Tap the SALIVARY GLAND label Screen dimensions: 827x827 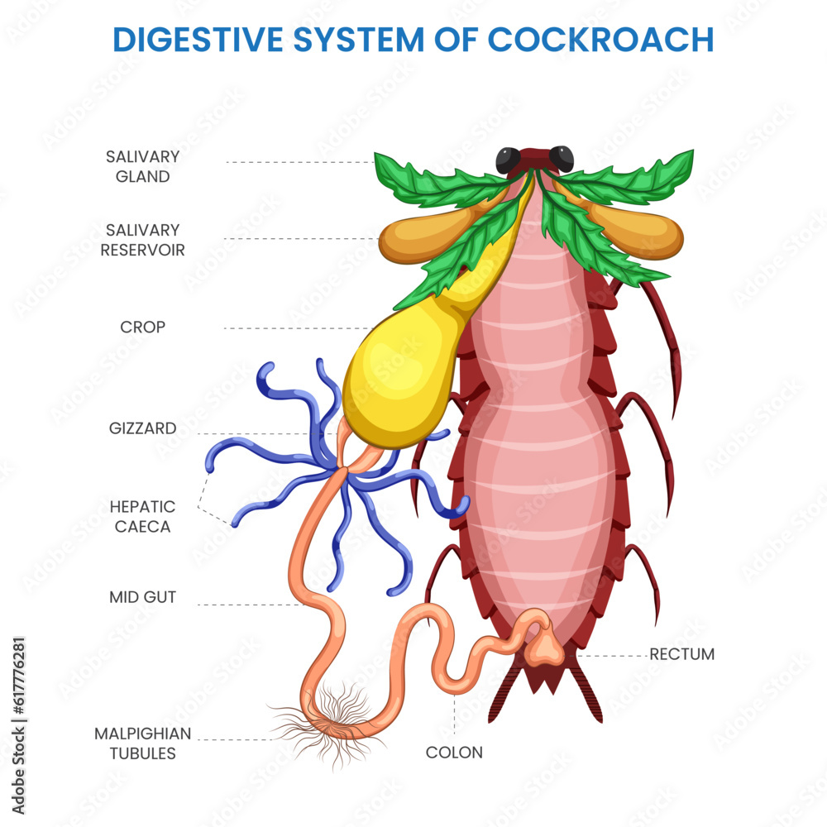tap(142, 166)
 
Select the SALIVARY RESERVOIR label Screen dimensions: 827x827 tap(142, 239)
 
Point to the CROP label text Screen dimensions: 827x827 tap(142, 327)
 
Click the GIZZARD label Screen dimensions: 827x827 tap(142, 428)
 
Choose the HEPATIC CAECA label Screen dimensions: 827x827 tap(142, 516)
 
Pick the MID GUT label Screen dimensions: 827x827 tap(142, 596)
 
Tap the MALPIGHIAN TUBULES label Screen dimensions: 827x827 tap(142, 743)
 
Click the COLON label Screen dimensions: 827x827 tap(454, 753)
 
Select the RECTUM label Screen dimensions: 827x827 tap(681, 654)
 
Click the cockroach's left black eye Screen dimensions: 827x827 tap(507, 159)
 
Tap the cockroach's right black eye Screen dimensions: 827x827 tap(562, 157)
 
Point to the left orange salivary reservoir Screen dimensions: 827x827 tap(418, 237)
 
